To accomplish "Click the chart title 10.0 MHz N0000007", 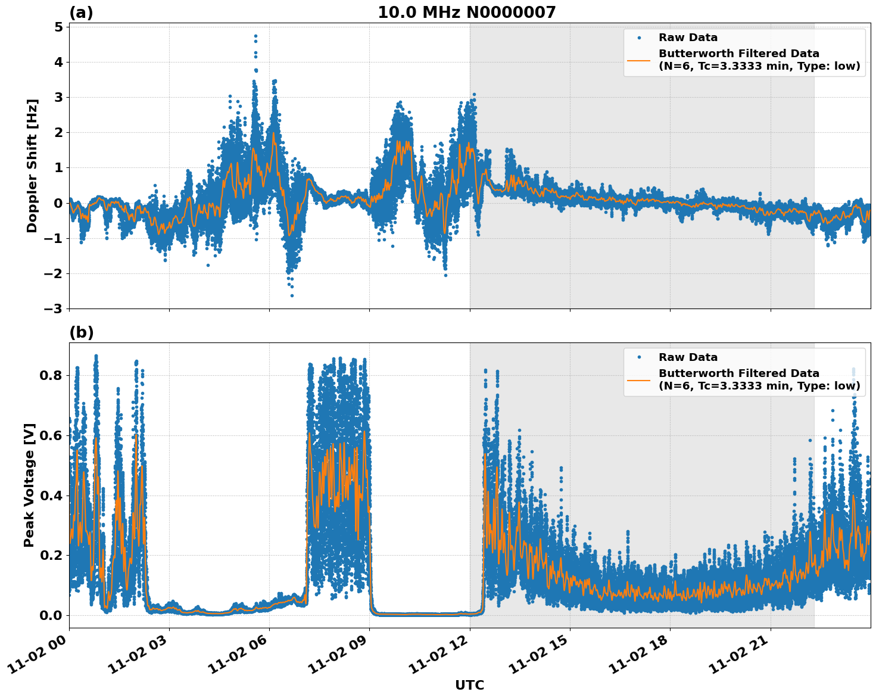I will click(x=466, y=13).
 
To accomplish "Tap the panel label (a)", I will click(x=81, y=13).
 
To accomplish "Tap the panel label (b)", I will click(x=81, y=332).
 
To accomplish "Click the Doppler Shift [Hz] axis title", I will click(x=32, y=166).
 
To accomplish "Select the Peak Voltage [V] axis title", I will click(x=29, y=485).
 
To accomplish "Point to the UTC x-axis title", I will click(x=469, y=685).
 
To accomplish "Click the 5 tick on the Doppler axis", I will click(x=58, y=27).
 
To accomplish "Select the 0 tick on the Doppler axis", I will click(x=58, y=203).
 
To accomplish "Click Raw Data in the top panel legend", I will click(x=688, y=38).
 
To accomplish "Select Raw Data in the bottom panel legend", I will click(x=688, y=357).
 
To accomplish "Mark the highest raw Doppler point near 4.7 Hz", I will click(x=255, y=36).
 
